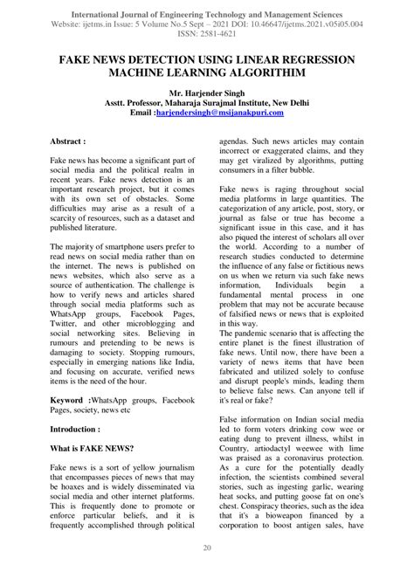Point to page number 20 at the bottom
[207, 572]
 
